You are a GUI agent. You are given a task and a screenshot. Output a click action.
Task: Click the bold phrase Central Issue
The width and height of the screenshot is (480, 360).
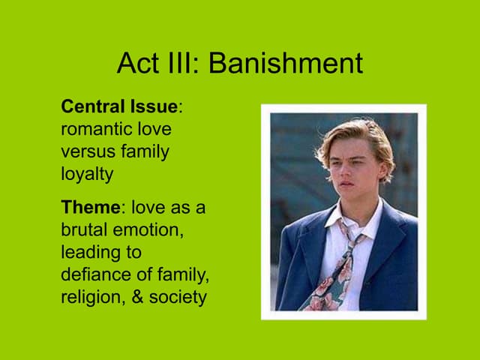[118, 106]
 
